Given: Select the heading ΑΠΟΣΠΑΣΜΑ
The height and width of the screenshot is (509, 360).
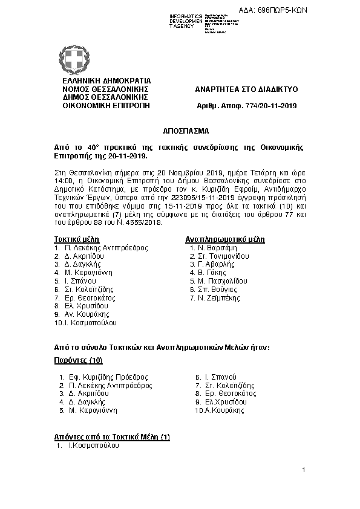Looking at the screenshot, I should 177,131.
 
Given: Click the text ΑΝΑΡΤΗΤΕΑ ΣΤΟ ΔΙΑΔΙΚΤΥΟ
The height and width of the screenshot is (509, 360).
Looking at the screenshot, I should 246,89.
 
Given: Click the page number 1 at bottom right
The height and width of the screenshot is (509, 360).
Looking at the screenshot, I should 304,470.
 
